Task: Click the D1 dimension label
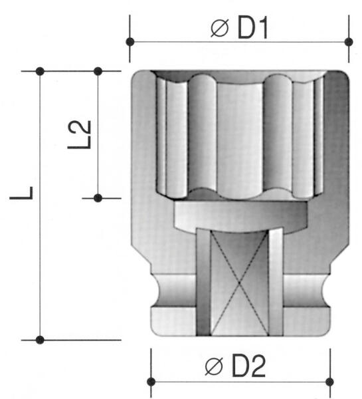(x=252, y=28)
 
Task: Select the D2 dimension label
(x=249, y=366)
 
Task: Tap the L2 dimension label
(x=79, y=134)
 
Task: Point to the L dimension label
(x=21, y=193)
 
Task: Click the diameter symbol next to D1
(x=220, y=28)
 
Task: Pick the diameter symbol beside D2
(x=214, y=366)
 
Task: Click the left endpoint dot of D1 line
(x=130, y=42)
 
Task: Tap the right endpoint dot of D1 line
(x=349, y=42)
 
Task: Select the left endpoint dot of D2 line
(x=151, y=382)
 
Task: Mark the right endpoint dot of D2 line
(x=329, y=382)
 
